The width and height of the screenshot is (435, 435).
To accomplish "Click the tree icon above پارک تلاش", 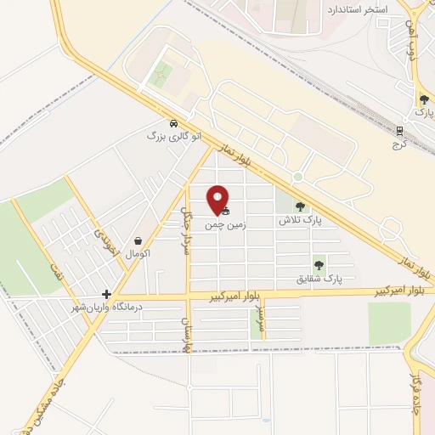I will click(x=299, y=206).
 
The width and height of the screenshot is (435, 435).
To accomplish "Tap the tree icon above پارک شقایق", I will click(x=319, y=265).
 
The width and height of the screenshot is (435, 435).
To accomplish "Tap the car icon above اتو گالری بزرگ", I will click(x=174, y=122).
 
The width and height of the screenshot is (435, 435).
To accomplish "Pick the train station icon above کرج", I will click(x=399, y=130).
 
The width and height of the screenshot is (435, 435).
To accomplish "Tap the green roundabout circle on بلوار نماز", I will click(x=297, y=177).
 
